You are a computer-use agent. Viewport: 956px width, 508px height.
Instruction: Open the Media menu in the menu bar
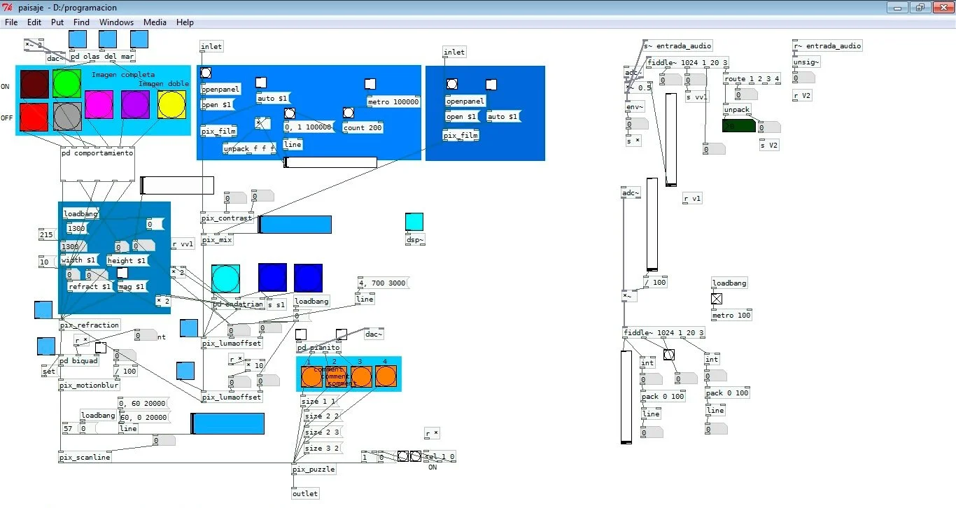coord(155,22)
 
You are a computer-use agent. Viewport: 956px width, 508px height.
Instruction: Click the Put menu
coord(57,22)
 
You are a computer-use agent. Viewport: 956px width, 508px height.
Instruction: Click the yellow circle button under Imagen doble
coord(171,104)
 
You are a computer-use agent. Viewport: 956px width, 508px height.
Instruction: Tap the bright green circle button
coord(66,83)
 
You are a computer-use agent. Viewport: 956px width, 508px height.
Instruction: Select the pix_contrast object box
coord(227,218)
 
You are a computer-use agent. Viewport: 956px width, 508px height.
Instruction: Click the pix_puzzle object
coord(314,470)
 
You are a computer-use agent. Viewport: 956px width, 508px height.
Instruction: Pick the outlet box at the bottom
coord(305,494)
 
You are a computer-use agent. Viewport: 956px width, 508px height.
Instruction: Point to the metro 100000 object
coord(393,102)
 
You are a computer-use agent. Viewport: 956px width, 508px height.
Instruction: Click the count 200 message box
coord(364,128)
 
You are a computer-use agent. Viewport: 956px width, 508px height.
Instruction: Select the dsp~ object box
coord(415,240)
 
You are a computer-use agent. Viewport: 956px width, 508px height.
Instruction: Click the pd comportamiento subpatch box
coord(97,153)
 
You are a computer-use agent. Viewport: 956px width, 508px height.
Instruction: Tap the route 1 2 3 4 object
coord(752,79)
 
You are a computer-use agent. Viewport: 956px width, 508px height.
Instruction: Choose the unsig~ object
coord(806,62)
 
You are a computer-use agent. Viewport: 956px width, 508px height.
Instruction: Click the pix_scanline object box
coord(85,458)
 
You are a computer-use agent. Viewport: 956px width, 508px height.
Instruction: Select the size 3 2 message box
coord(322,449)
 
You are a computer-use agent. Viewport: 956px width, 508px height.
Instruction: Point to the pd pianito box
coord(318,348)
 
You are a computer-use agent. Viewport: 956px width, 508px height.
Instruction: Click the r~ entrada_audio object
coord(828,46)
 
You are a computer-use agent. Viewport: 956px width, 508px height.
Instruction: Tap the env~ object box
coord(635,106)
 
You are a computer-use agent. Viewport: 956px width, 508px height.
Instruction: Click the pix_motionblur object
coord(89,386)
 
